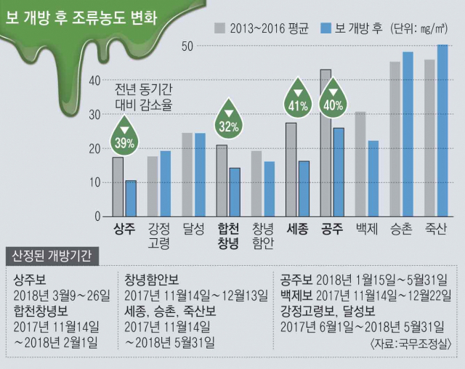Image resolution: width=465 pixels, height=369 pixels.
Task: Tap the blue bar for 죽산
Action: coord(442,131)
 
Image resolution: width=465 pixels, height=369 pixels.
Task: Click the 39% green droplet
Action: coord(124,137)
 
